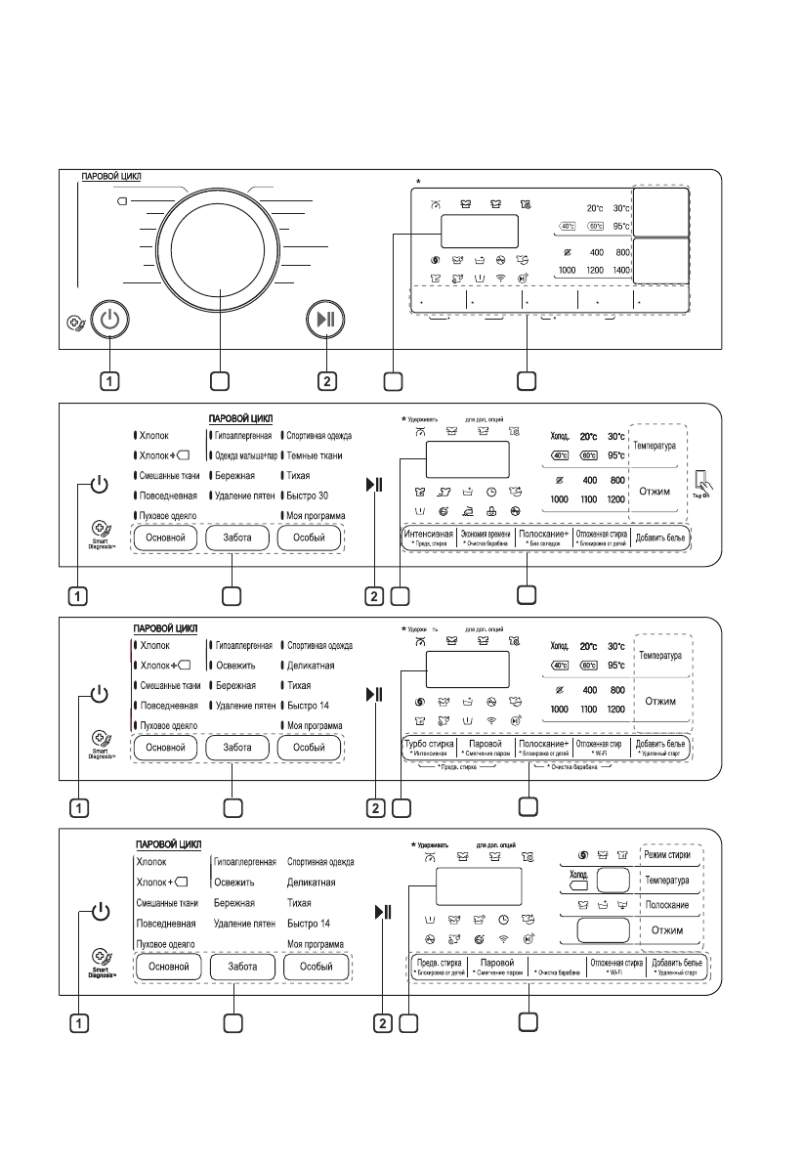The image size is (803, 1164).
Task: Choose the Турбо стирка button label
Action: click(x=430, y=746)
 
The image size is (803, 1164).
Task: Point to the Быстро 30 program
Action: click(x=307, y=496)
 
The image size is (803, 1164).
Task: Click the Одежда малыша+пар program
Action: click(x=243, y=455)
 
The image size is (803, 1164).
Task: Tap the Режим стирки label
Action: click(x=674, y=855)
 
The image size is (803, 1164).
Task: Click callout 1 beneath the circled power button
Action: click(x=110, y=379)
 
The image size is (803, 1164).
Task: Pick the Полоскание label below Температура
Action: click(x=673, y=906)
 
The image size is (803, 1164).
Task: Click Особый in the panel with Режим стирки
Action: click(x=315, y=968)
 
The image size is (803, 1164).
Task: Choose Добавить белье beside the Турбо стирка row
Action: click(x=659, y=746)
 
